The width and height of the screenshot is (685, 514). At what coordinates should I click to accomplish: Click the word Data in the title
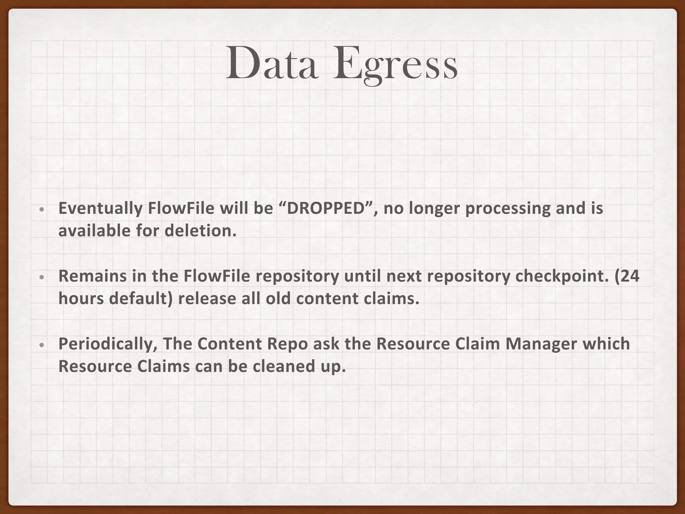pyautogui.click(x=272, y=64)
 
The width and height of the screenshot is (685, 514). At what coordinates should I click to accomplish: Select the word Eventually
pyautogui.click(x=100, y=209)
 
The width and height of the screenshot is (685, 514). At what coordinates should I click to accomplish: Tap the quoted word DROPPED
pyautogui.click(x=325, y=208)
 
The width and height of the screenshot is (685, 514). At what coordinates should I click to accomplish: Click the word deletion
pyautogui.click(x=200, y=231)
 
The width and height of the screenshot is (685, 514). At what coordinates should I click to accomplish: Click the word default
pyautogui.click(x=139, y=299)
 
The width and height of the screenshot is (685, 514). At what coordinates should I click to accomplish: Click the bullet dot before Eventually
pyautogui.click(x=41, y=209)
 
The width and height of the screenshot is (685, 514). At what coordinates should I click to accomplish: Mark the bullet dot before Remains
pyautogui.click(x=41, y=277)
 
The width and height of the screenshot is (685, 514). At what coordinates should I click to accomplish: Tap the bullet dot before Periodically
pyautogui.click(x=41, y=345)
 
